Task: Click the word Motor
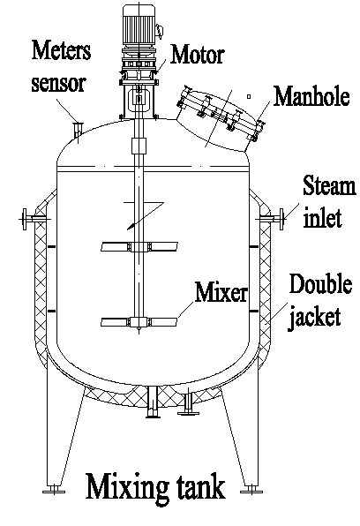(x=198, y=55)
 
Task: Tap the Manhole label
(x=311, y=96)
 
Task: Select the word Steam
(x=329, y=185)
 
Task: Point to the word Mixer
(x=221, y=292)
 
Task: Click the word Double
(x=321, y=284)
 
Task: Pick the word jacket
(x=314, y=316)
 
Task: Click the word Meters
(x=62, y=50)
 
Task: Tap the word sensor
(x=59, y=83)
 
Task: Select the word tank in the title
(x=199, y=486)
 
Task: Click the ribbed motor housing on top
(x=139, y=25)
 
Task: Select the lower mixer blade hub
(x=139, y=322)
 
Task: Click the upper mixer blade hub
(x=139, y=247)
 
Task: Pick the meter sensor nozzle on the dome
(x=78, y=130)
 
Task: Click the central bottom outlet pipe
(x=153, y=402)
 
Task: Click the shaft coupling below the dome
(x=139, y=146)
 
